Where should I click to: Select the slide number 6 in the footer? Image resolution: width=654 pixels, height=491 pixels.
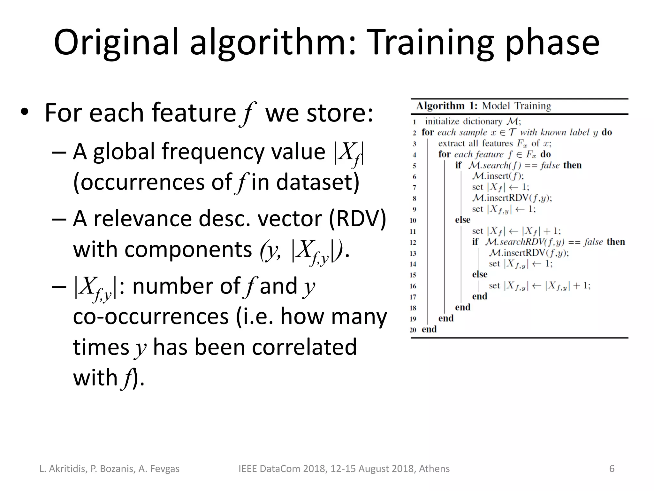point(612,469)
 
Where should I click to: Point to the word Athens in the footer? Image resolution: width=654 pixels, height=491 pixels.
point(434,469)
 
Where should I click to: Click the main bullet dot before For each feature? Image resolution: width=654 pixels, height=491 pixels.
point(24,113)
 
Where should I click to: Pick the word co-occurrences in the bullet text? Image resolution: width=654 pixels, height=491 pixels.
point(151,317)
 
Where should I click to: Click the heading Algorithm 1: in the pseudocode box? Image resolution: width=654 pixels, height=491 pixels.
point(447,106)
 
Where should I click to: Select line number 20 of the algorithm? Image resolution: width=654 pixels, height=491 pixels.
point(413,330)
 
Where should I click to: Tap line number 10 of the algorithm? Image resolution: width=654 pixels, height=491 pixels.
point(413,221)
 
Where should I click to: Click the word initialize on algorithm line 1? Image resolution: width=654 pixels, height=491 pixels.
point(443,121)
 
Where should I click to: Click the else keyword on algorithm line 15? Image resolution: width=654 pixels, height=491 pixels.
point(480,275)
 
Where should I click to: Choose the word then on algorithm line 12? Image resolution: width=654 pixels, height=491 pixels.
point(616,242)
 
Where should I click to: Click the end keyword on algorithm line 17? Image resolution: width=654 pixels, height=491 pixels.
point(480,296)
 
